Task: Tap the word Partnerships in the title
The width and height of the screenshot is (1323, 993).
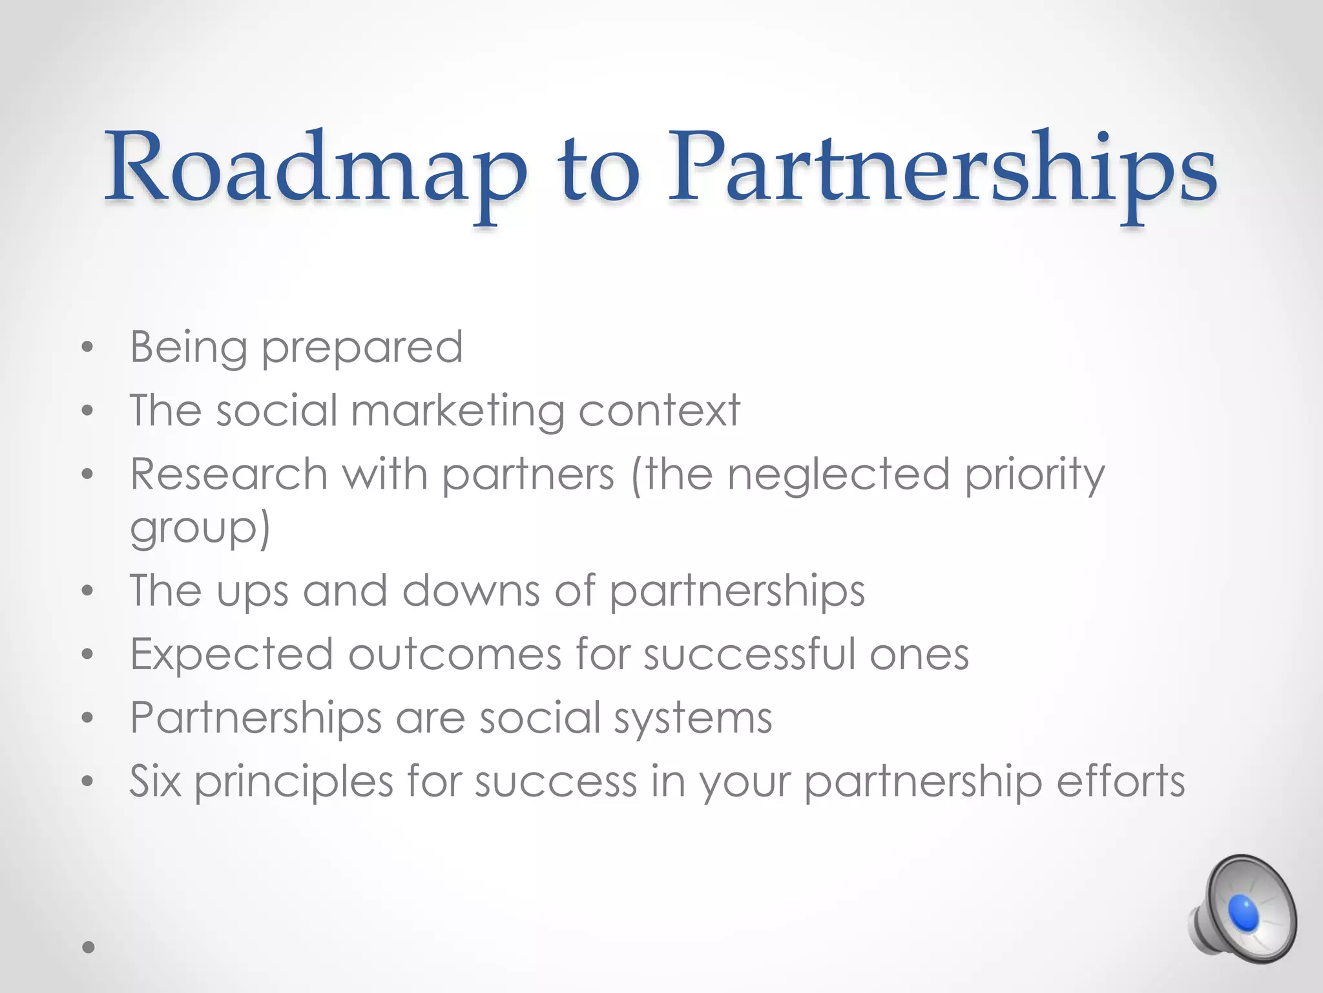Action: pos(941,169)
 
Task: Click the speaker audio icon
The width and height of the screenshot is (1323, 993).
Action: pos(1242,908)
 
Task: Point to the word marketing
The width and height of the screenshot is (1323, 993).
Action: pos(457,412)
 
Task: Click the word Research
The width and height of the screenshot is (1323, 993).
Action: pos(229,474)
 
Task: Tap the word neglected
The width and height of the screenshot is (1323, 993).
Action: pos(839,475)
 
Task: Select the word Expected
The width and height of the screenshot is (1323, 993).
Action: pos(231,654)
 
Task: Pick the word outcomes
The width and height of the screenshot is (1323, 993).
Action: pos(455,654)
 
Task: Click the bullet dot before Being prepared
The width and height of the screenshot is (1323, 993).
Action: pos(88,349)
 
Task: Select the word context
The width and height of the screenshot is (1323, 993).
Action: pos(659,411)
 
